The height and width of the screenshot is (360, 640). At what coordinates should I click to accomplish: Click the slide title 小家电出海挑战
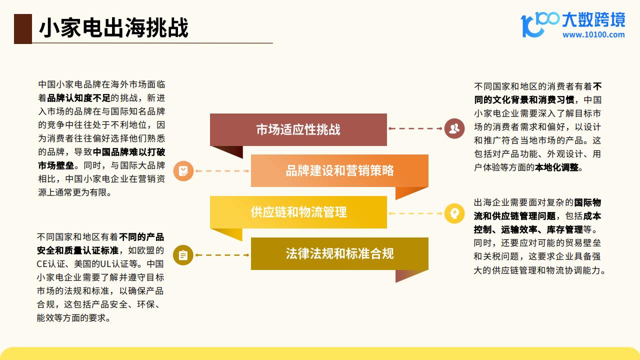coord(113,27)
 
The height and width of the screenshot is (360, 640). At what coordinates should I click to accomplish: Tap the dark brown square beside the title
coord(23,29)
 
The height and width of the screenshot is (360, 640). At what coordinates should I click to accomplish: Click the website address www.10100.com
coord(593,35)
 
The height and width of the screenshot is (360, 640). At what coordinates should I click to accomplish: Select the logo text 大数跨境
coord(593,19)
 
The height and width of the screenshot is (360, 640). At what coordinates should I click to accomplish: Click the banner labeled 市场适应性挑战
coord(298,129)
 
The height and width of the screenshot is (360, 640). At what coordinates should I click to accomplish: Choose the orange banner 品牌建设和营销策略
coord(339,171)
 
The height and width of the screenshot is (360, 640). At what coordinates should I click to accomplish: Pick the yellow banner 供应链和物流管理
coord(298,212)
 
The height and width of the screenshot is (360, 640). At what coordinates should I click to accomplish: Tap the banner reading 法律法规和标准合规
coord(339,253)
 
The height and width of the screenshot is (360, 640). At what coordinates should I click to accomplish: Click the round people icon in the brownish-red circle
coord(454,128)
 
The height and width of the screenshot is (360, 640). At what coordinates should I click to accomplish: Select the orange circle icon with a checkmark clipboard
coord(183,171)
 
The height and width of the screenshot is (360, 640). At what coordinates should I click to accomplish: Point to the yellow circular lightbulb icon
coord(454,213)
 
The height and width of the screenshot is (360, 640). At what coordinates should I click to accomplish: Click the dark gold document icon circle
coord(183,255)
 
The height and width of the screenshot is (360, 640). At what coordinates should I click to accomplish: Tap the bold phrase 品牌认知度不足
coord(78,98)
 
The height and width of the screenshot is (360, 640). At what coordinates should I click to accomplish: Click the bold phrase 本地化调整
coord(556,167)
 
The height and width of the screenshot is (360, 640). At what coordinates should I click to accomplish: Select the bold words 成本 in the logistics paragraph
coord(591,216)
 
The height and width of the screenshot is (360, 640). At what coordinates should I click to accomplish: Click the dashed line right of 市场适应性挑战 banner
coord(415,128)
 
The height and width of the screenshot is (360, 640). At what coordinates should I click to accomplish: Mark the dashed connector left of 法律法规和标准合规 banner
coord(222,255)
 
